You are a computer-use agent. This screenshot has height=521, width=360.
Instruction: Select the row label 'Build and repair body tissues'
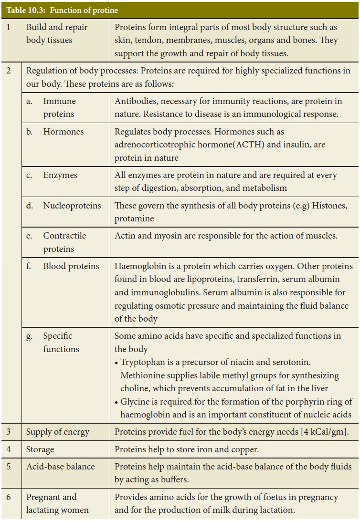57,34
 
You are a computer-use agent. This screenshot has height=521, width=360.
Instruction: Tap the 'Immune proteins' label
59,108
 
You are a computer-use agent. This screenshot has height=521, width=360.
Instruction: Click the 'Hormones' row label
63,132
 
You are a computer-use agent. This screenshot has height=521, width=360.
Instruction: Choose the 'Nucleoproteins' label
72,206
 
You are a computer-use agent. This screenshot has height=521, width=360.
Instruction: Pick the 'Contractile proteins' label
64,242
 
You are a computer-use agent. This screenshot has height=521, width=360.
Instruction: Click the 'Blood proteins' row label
71,266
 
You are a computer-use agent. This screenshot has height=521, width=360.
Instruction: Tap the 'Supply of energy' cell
57,432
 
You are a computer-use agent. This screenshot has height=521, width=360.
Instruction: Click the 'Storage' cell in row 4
40,449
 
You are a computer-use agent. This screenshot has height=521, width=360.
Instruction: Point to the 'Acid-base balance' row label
60,466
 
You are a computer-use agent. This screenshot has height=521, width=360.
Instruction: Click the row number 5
9,466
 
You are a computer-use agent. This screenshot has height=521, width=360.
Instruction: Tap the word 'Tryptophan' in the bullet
142,363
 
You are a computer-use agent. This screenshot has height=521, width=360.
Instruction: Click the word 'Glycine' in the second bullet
135,402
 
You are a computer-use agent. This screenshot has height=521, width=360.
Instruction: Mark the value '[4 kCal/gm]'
324,432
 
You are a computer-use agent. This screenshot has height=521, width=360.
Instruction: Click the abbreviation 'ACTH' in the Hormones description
235,144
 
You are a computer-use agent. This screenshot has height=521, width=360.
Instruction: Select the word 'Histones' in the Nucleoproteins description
334,206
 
